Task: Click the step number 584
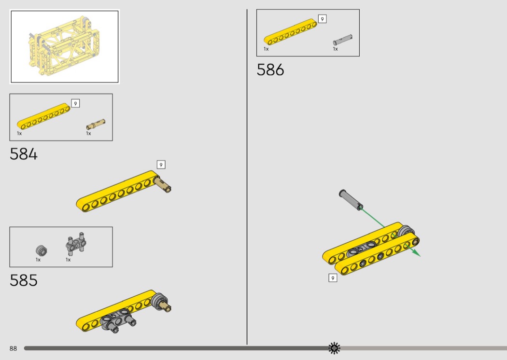tap(24, 154)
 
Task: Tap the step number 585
tap(24, 280)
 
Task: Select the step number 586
tap(270, 70)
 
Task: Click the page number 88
tap(13, 348)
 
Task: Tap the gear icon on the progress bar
tap(334, 348)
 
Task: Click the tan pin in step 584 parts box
tap(96, 124)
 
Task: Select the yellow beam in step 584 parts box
tap(43, 116)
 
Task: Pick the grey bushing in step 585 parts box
tap(42, 250)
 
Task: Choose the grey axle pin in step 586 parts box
tap(343, 40)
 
